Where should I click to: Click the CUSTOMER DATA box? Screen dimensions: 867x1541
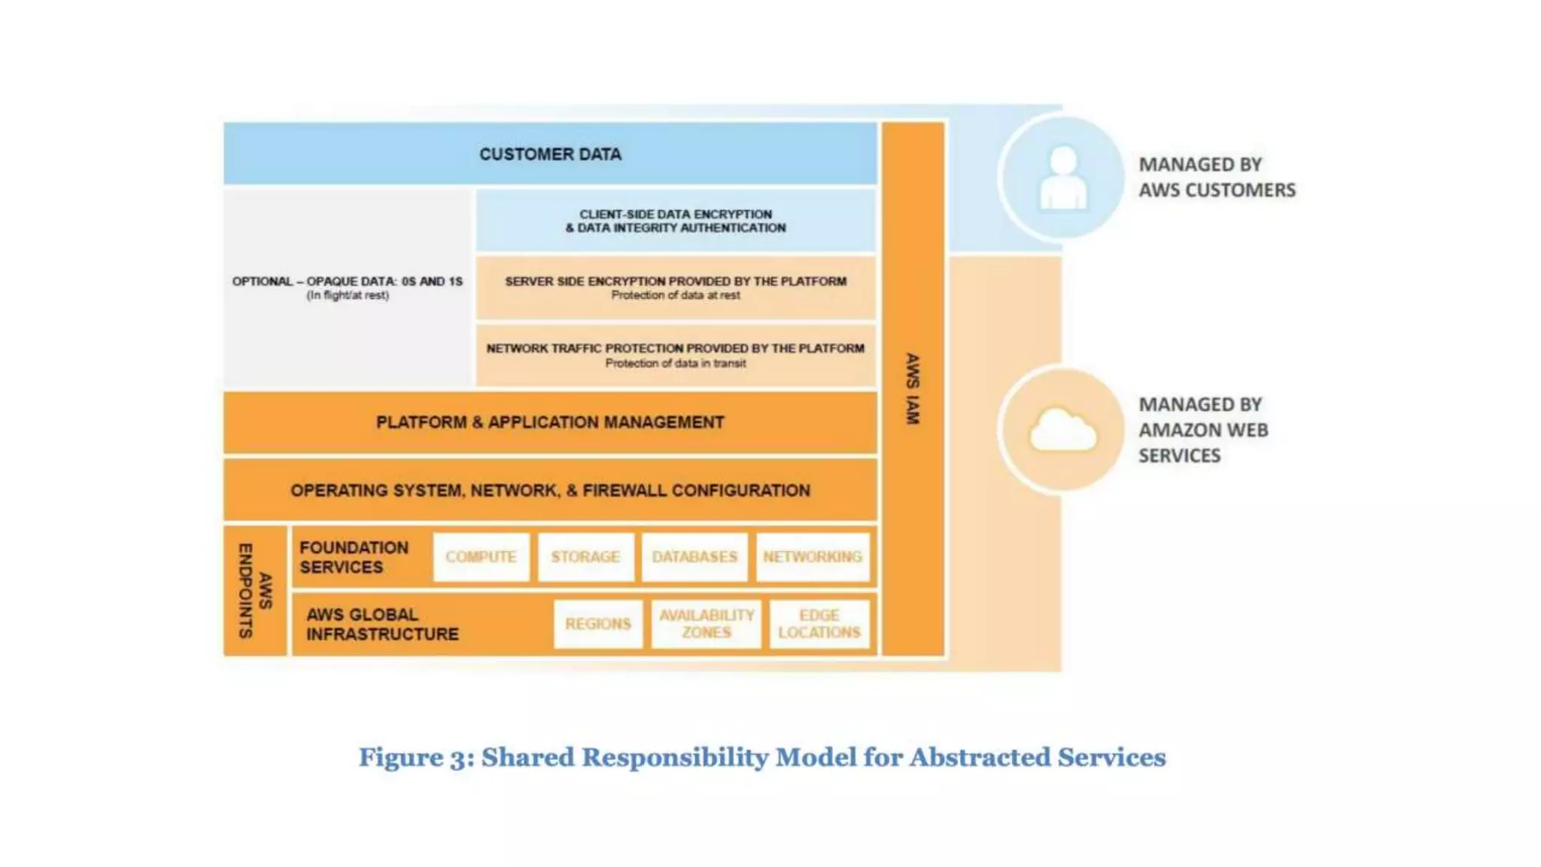(x=550, y=154)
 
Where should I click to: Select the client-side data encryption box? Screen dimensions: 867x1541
(x=675, y=221)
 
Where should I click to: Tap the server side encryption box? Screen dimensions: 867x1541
(x=675, y=287)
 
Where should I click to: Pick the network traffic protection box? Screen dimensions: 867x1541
(x=675, y=355)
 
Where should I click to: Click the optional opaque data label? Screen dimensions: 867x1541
(x=347, y=287)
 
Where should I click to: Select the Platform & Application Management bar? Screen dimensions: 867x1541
(x=550, y=422)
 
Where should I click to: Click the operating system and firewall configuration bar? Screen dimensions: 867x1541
(x=550, y=490)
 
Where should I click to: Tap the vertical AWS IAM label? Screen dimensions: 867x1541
(x=912, y=388)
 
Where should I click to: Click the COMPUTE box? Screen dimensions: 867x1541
(x=481, y=557)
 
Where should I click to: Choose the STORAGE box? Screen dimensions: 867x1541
(x=585, y=557)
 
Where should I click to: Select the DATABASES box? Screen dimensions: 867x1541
(x=694, y=557)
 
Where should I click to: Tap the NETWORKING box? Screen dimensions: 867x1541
(x=812, y=557)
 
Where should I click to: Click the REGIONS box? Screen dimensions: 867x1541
(x=597, y=624)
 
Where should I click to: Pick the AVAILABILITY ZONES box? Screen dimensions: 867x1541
(x=706, y=624)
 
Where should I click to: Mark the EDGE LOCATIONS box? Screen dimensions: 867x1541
(x=819, y=624)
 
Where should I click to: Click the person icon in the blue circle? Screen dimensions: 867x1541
(x=1062, y=178)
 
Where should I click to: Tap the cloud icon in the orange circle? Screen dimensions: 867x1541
(x=1062, y=430)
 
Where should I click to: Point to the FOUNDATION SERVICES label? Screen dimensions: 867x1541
(x=354, y=557)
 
